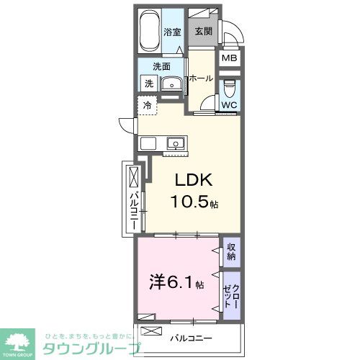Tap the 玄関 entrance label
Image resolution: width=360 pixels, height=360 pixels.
coord(202,32)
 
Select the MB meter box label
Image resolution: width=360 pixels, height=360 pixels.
coord(230,59)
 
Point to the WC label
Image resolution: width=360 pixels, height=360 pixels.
coord(229,105)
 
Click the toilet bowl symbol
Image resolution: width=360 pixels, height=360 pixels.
coord(230,88)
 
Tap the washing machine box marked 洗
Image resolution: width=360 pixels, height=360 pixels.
coord(148,84)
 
